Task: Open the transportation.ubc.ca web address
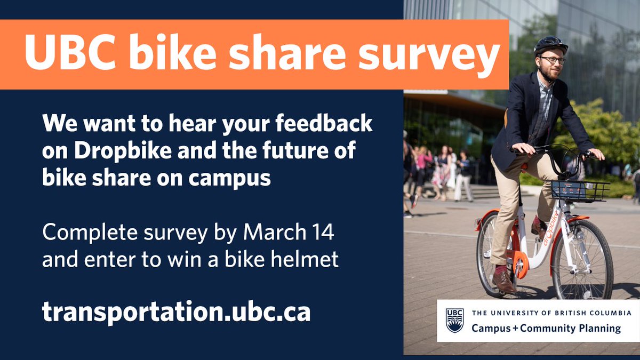176,313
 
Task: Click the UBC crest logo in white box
454,321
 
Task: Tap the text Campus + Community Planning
546,329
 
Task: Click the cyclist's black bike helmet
550,44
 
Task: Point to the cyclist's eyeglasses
553,60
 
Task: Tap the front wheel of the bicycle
582,259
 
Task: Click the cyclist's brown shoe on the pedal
503,281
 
